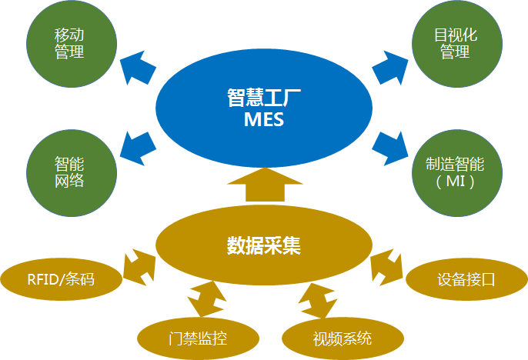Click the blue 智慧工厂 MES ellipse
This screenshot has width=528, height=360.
tap(263, 108)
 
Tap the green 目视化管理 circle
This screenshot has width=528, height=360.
tap(455, 44)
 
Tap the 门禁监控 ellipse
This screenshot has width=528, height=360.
tap(198, 337)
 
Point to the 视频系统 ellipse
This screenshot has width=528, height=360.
tap(342, 337)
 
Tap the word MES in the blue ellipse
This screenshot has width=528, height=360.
tap(263, 120)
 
